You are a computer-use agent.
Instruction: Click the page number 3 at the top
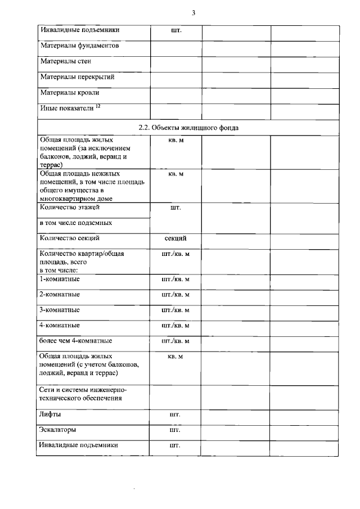pos(193,13)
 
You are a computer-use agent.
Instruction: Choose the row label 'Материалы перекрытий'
pos(77,77)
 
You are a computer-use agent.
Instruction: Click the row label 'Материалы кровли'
pos(69,93)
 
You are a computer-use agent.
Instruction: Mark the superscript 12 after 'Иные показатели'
pos(98,106)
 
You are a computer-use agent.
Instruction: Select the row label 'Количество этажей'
pos(69,208)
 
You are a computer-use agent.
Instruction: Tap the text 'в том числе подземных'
pos(76,223)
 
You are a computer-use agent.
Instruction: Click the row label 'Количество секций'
pos(69,238)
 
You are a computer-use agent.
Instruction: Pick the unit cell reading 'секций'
pos(175,238)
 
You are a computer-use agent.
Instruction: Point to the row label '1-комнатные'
pos(59,279)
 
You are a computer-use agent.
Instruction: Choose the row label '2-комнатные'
pos(59,294)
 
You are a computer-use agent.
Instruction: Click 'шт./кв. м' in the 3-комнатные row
pos(175,310)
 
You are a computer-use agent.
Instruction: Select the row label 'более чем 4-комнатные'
pos(75,341)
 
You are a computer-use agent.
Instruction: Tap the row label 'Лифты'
pos(50,415)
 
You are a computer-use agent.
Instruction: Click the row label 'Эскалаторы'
pos(58,430)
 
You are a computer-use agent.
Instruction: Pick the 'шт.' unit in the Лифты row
pos(175,415)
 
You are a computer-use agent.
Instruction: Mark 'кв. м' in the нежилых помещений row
pos(175,175)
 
